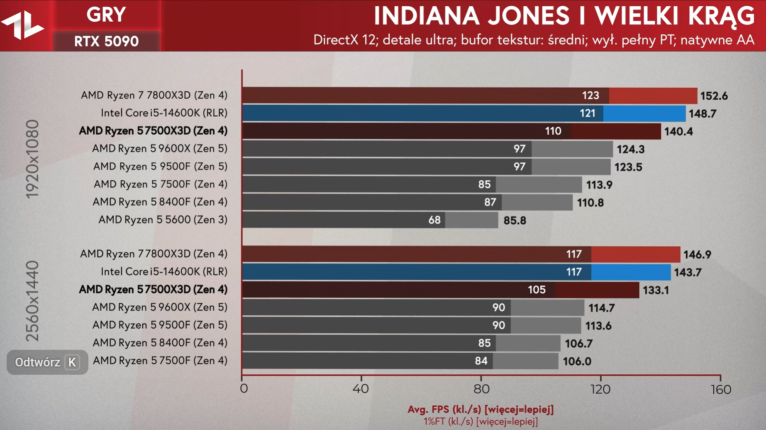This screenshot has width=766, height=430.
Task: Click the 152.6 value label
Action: pos(714,96)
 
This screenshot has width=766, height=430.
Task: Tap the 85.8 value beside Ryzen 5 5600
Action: pos(515,221)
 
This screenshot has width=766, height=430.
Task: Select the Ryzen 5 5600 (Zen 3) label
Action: pos(163,220)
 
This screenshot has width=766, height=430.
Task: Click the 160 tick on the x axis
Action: pos(720,390)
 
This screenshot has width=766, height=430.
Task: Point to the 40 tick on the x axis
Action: pos(361,389)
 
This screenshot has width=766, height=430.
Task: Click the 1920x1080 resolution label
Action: pos(32,160)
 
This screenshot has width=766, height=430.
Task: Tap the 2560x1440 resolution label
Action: pos(32,301)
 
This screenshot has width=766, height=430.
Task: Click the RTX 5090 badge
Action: pos(106,42)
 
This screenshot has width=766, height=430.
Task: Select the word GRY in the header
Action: pos(106,15)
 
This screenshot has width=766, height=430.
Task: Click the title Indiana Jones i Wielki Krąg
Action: pos(564,16)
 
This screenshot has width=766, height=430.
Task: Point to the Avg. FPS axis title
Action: pos(481,410)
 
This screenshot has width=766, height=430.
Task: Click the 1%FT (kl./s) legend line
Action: pos(481,422)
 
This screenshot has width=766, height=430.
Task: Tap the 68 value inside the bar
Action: pos(434,220)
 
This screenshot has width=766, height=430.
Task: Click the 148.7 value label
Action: pos(702,114)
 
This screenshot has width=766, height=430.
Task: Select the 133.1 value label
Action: pos(656,290)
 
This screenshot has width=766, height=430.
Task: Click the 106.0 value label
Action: pos(577,361)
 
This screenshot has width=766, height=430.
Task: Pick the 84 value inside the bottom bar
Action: pos(481,361)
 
